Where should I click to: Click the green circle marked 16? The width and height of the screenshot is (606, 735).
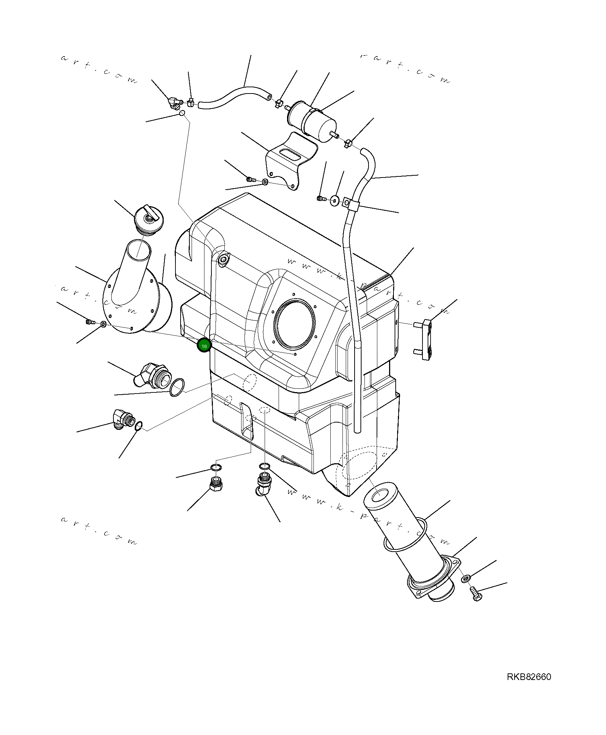[204, 346]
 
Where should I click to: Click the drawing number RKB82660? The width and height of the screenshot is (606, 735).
[529, 677]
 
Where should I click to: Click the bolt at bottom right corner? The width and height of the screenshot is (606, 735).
[475, 593]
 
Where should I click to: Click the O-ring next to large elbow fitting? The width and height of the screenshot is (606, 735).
[177, 387]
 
